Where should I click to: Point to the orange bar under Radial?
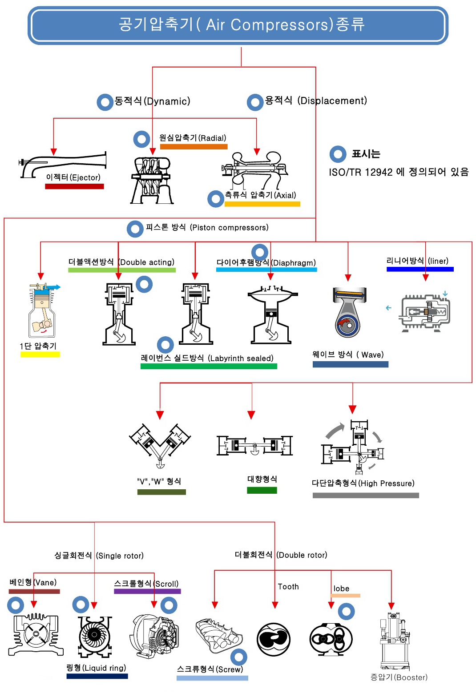pyautogui.click(x=194, y=147)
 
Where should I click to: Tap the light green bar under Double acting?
pyautogui.click(x=121, y=270)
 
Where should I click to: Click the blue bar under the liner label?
pyautogui.click(x=420, y=269)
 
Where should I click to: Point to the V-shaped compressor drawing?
pyautogui.click(x=160, y=445)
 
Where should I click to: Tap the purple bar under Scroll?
pyautogui.click(x=147, y=592)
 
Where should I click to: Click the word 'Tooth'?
pyautogui.click(x=288, y=587)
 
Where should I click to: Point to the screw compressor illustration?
pyautogui.click(x=218, y=636)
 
